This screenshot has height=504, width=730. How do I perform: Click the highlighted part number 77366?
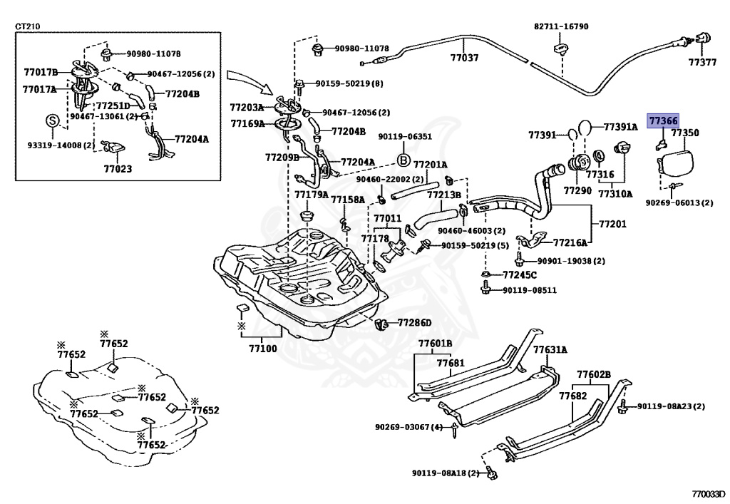(662, 122)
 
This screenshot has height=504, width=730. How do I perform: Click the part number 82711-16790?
(561, 26)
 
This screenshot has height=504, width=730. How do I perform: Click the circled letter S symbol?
(52, 120)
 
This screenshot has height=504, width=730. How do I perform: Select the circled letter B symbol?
(402, 160)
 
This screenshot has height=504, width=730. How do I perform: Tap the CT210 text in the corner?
(28, 27)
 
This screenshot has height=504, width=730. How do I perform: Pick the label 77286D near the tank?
(414, 323)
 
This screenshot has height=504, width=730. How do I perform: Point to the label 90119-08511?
(529, 290)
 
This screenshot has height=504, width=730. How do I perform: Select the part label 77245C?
(519, 274)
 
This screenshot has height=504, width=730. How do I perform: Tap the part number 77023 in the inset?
(118, 170)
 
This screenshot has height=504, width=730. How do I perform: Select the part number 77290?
(577, 191)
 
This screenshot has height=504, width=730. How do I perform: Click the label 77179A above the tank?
(312, 194)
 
